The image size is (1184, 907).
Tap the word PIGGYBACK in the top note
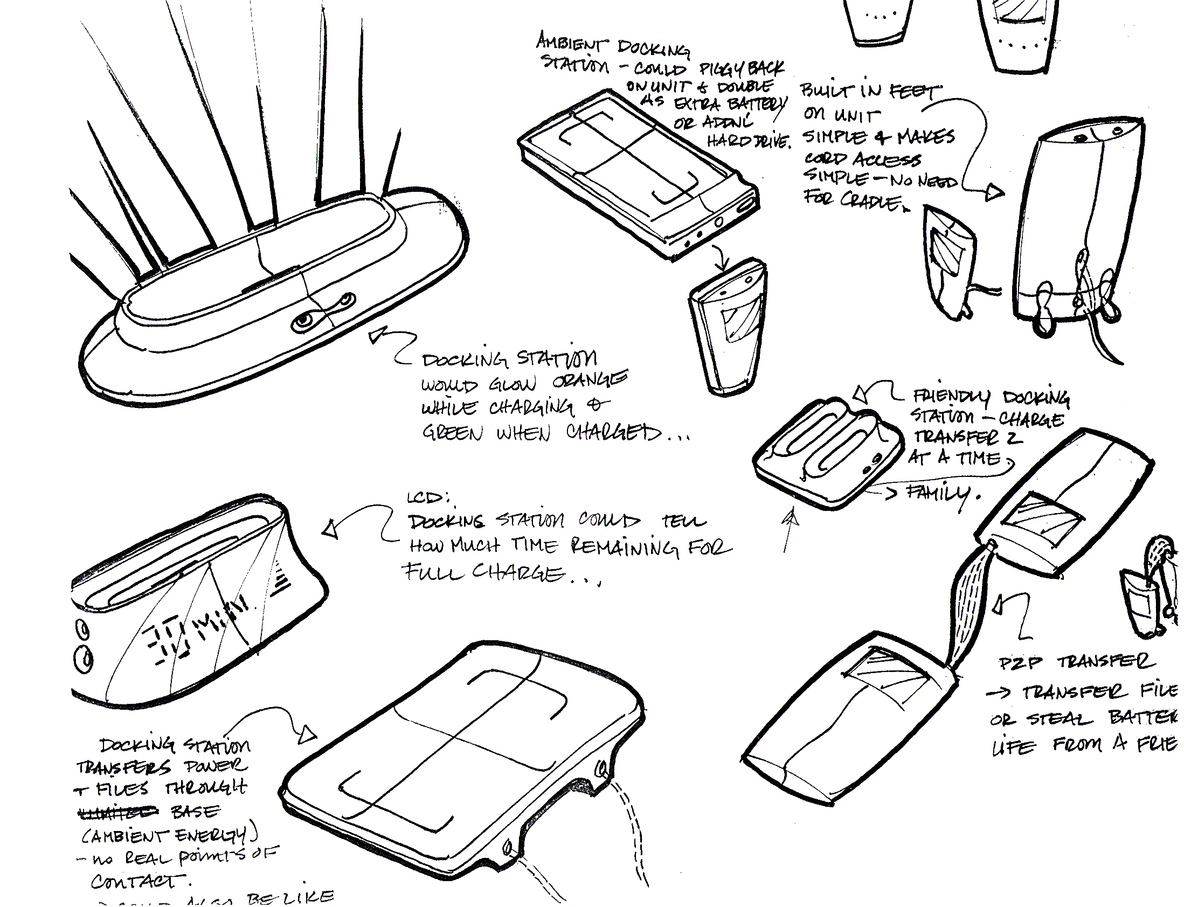(742, 68)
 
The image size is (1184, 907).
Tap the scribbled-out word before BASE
(119, 812)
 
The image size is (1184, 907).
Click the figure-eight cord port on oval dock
(324, 313)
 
